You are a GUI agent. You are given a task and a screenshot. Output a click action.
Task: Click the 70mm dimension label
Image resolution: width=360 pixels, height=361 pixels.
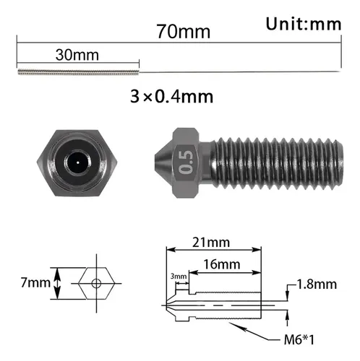point(184,32)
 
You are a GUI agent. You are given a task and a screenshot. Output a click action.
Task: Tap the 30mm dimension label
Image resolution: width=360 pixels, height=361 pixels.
point(77,55)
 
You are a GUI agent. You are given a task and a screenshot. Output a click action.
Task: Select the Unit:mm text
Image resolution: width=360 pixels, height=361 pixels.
point(304,24)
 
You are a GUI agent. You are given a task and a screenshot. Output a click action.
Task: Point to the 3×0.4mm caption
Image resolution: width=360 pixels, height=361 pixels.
point(171,97)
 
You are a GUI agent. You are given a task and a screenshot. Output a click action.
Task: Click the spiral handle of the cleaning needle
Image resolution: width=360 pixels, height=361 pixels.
point(78,71)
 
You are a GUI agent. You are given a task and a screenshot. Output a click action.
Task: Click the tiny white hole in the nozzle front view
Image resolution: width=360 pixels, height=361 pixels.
point(77,162)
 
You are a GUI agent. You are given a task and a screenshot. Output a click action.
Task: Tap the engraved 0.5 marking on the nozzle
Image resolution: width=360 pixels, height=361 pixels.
point(187,162)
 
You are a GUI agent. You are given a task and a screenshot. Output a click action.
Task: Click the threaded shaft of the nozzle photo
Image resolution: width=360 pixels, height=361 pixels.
point(277,163)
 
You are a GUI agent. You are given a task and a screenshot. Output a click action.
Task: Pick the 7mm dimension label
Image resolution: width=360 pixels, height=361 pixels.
point(35,282)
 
